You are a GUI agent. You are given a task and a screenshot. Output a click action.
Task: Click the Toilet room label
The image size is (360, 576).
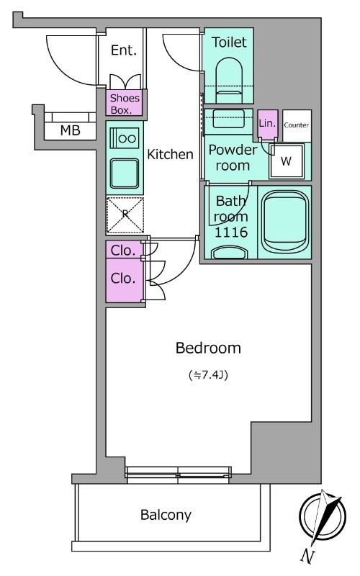point(229,42)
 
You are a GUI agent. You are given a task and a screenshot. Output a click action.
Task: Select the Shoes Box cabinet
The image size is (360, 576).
point(125,103)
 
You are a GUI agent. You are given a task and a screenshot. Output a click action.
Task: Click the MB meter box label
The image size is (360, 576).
point(70,130)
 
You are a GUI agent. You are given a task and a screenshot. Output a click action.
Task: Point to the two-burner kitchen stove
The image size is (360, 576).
point(125,138)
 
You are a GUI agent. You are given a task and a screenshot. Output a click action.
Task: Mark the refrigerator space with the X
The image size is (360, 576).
point(125,215)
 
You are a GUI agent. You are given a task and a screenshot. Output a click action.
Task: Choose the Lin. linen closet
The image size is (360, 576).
point(267,125)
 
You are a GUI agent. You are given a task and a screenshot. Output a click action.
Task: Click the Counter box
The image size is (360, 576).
point(297,125)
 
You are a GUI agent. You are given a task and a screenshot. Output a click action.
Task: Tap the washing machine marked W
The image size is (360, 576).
point(286,161)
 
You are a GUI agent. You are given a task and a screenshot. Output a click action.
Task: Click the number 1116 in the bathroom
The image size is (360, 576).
point(230,232)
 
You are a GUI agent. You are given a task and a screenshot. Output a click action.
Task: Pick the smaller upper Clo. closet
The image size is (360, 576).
point(124,250)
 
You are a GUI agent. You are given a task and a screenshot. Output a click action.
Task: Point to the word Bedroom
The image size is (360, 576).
point(208,348)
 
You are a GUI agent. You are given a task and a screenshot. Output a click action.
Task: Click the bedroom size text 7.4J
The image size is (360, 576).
point(208,374)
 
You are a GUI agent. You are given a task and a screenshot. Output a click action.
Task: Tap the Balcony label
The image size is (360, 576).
point(166,515)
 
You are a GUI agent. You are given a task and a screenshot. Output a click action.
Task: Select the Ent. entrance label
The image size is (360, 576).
point(124,50)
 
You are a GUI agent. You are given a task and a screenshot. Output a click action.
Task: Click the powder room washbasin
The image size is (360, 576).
point(228,118)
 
